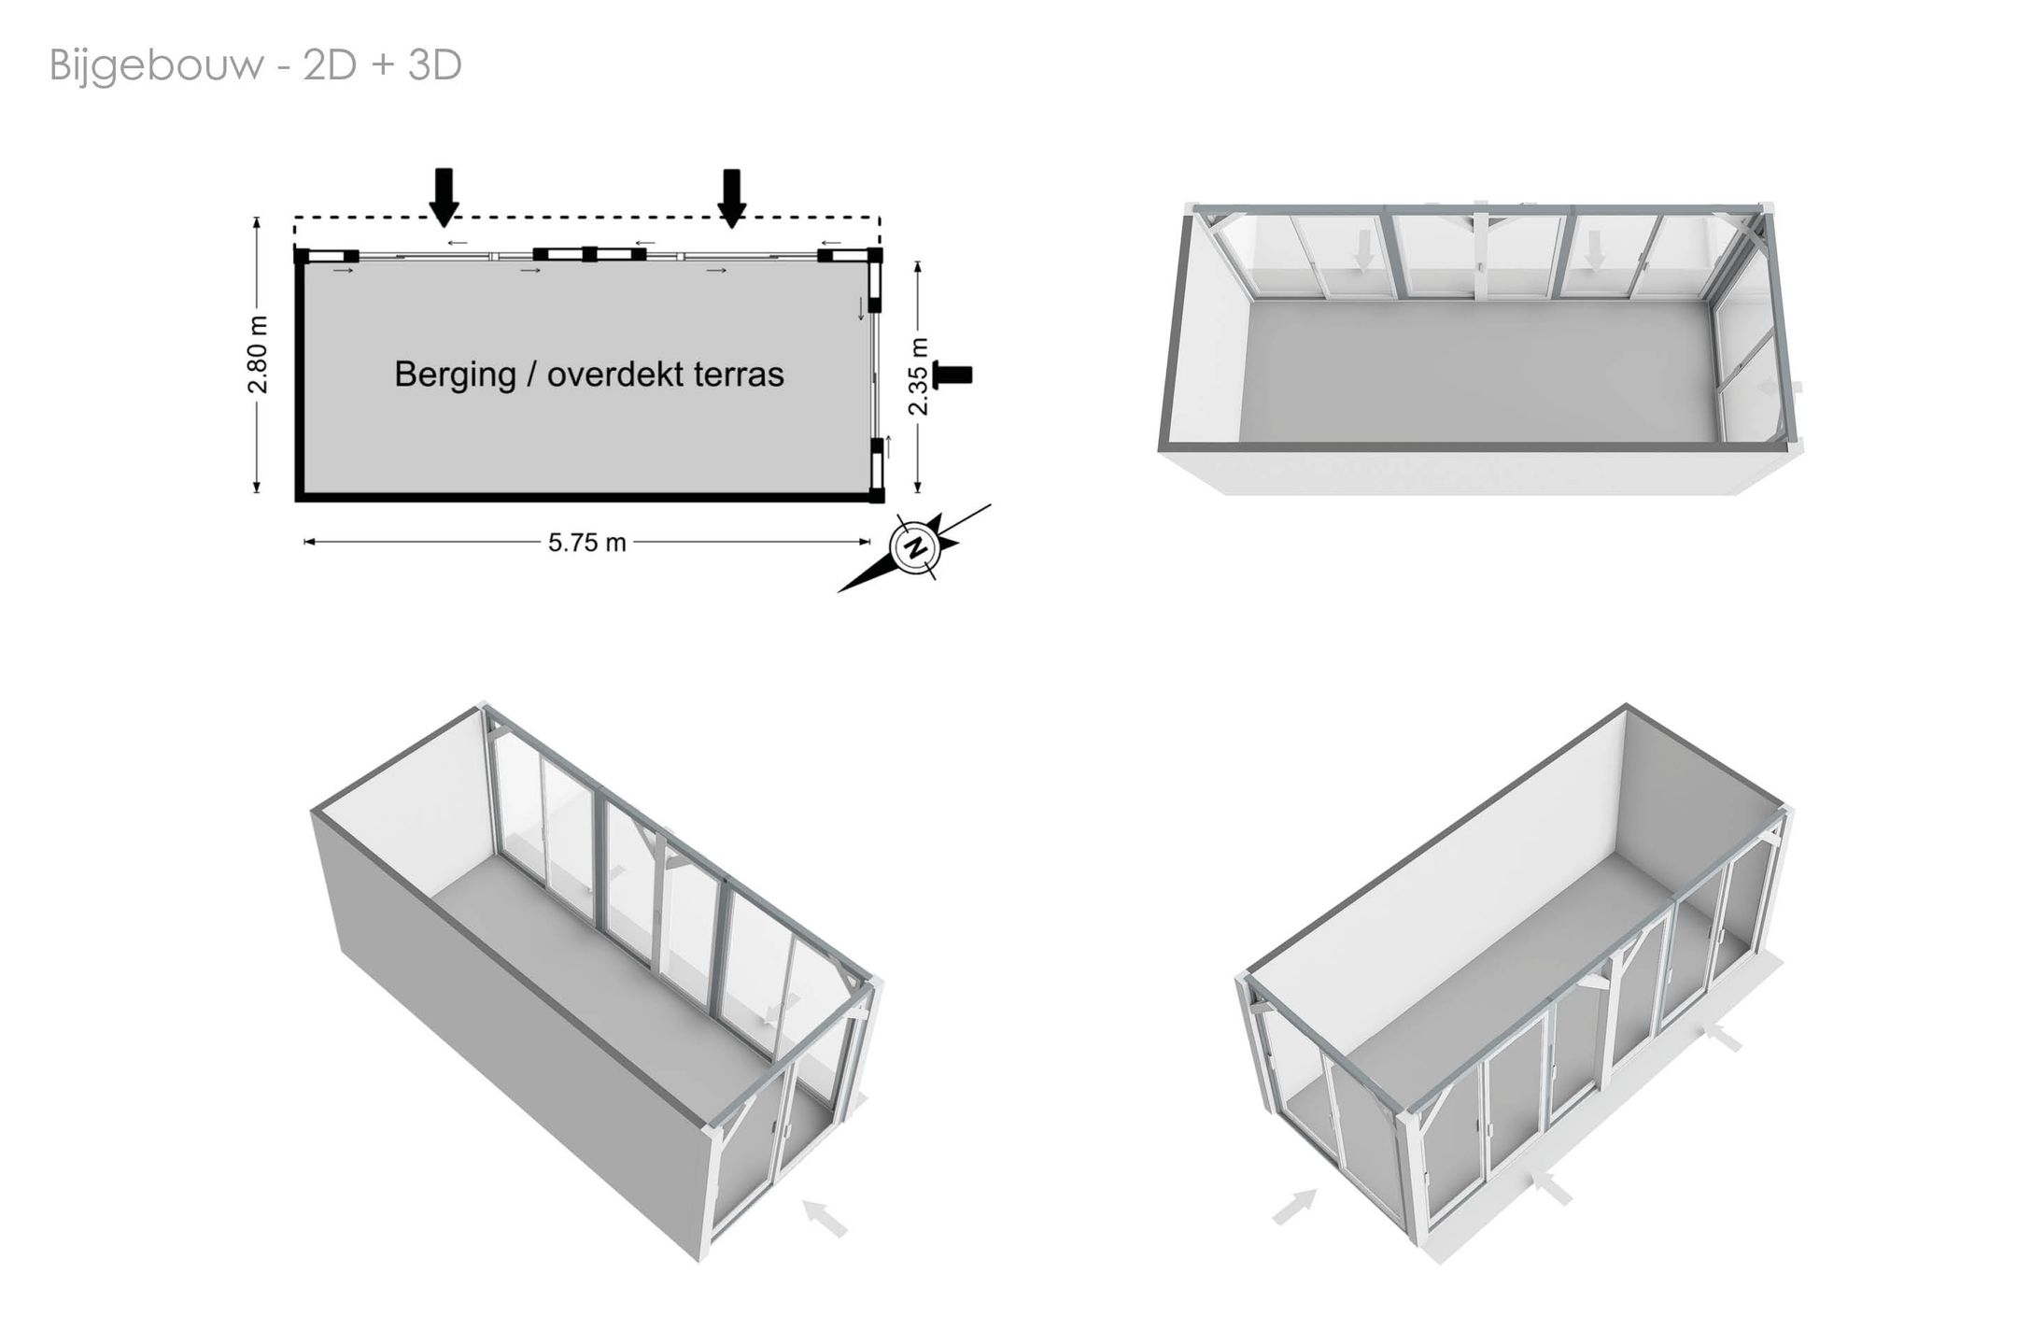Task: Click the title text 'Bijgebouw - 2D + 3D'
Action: pos(256,66)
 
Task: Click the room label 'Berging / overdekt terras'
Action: pos(589,375)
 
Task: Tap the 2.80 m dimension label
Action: pos(259,355)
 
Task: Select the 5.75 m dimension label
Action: pos(586,543)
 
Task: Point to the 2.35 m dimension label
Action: pos(919,375)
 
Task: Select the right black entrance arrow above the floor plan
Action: pos(732,197)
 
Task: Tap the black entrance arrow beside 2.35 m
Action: pos(952,375)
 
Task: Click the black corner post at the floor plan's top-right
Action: pos(875,254)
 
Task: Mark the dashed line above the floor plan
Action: pos(587,218)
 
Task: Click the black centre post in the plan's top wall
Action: pos(589,253)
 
